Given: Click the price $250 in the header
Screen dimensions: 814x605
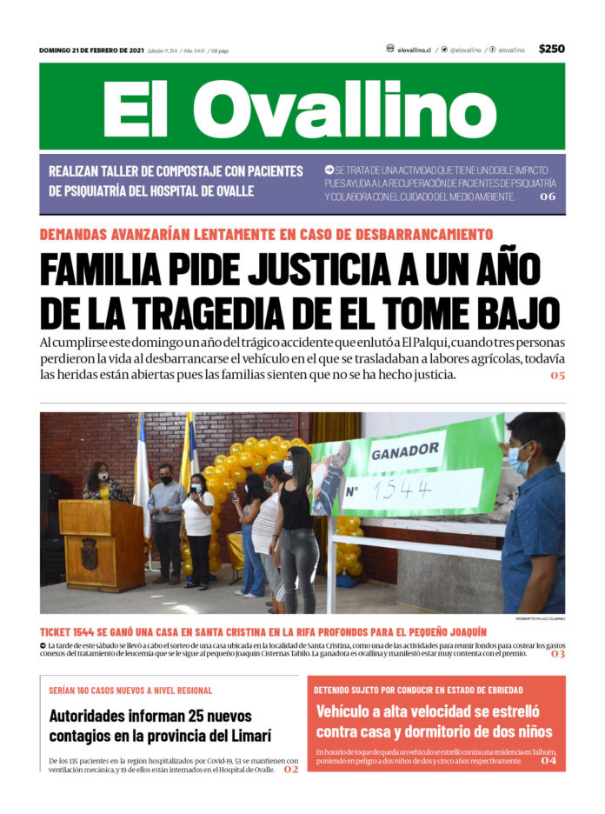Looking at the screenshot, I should [551, 50].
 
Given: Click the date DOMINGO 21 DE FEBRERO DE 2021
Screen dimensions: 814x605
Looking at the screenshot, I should [91, 50].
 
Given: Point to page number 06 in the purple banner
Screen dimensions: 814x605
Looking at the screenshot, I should [547, 197].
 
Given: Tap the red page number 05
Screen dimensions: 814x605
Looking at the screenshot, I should [557, 376].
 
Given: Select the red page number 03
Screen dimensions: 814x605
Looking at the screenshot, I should [557, 654].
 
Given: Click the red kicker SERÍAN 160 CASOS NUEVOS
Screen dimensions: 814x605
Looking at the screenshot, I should [130, 691].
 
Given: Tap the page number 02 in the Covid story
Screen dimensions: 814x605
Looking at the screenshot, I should [290, 770].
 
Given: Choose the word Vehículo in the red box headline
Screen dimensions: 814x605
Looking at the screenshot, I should [349, 711].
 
